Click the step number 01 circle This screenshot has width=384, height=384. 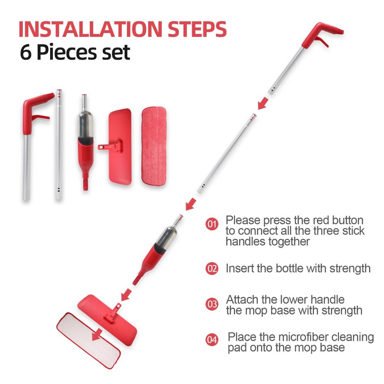click(212, 223)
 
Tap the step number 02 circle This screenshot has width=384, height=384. click(212, 268)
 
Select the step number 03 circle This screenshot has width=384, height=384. click(212, 305)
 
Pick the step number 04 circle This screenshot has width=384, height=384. click(212, 339)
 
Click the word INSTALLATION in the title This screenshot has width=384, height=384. click(90, 30)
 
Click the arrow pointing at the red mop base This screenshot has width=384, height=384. click(125, 295)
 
